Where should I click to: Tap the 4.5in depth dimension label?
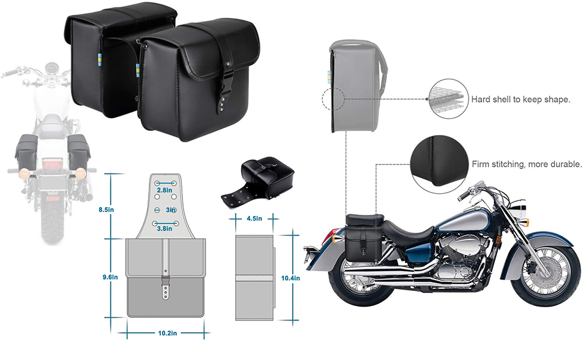254,218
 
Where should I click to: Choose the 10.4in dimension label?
291,278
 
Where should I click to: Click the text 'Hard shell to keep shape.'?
520,99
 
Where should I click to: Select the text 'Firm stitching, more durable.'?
526,164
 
